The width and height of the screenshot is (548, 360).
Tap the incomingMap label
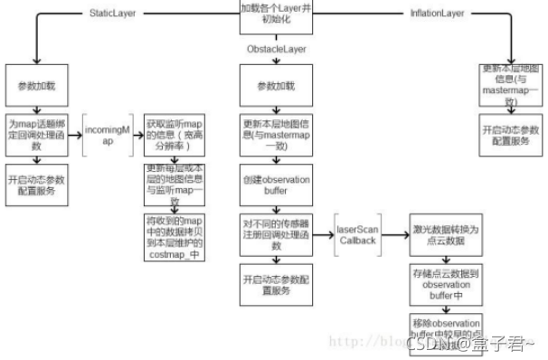pos(109,136)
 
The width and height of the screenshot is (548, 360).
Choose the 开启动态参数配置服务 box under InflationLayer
pos(511,136)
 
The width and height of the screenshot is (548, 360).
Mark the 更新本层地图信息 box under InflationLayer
pos(511,87)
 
